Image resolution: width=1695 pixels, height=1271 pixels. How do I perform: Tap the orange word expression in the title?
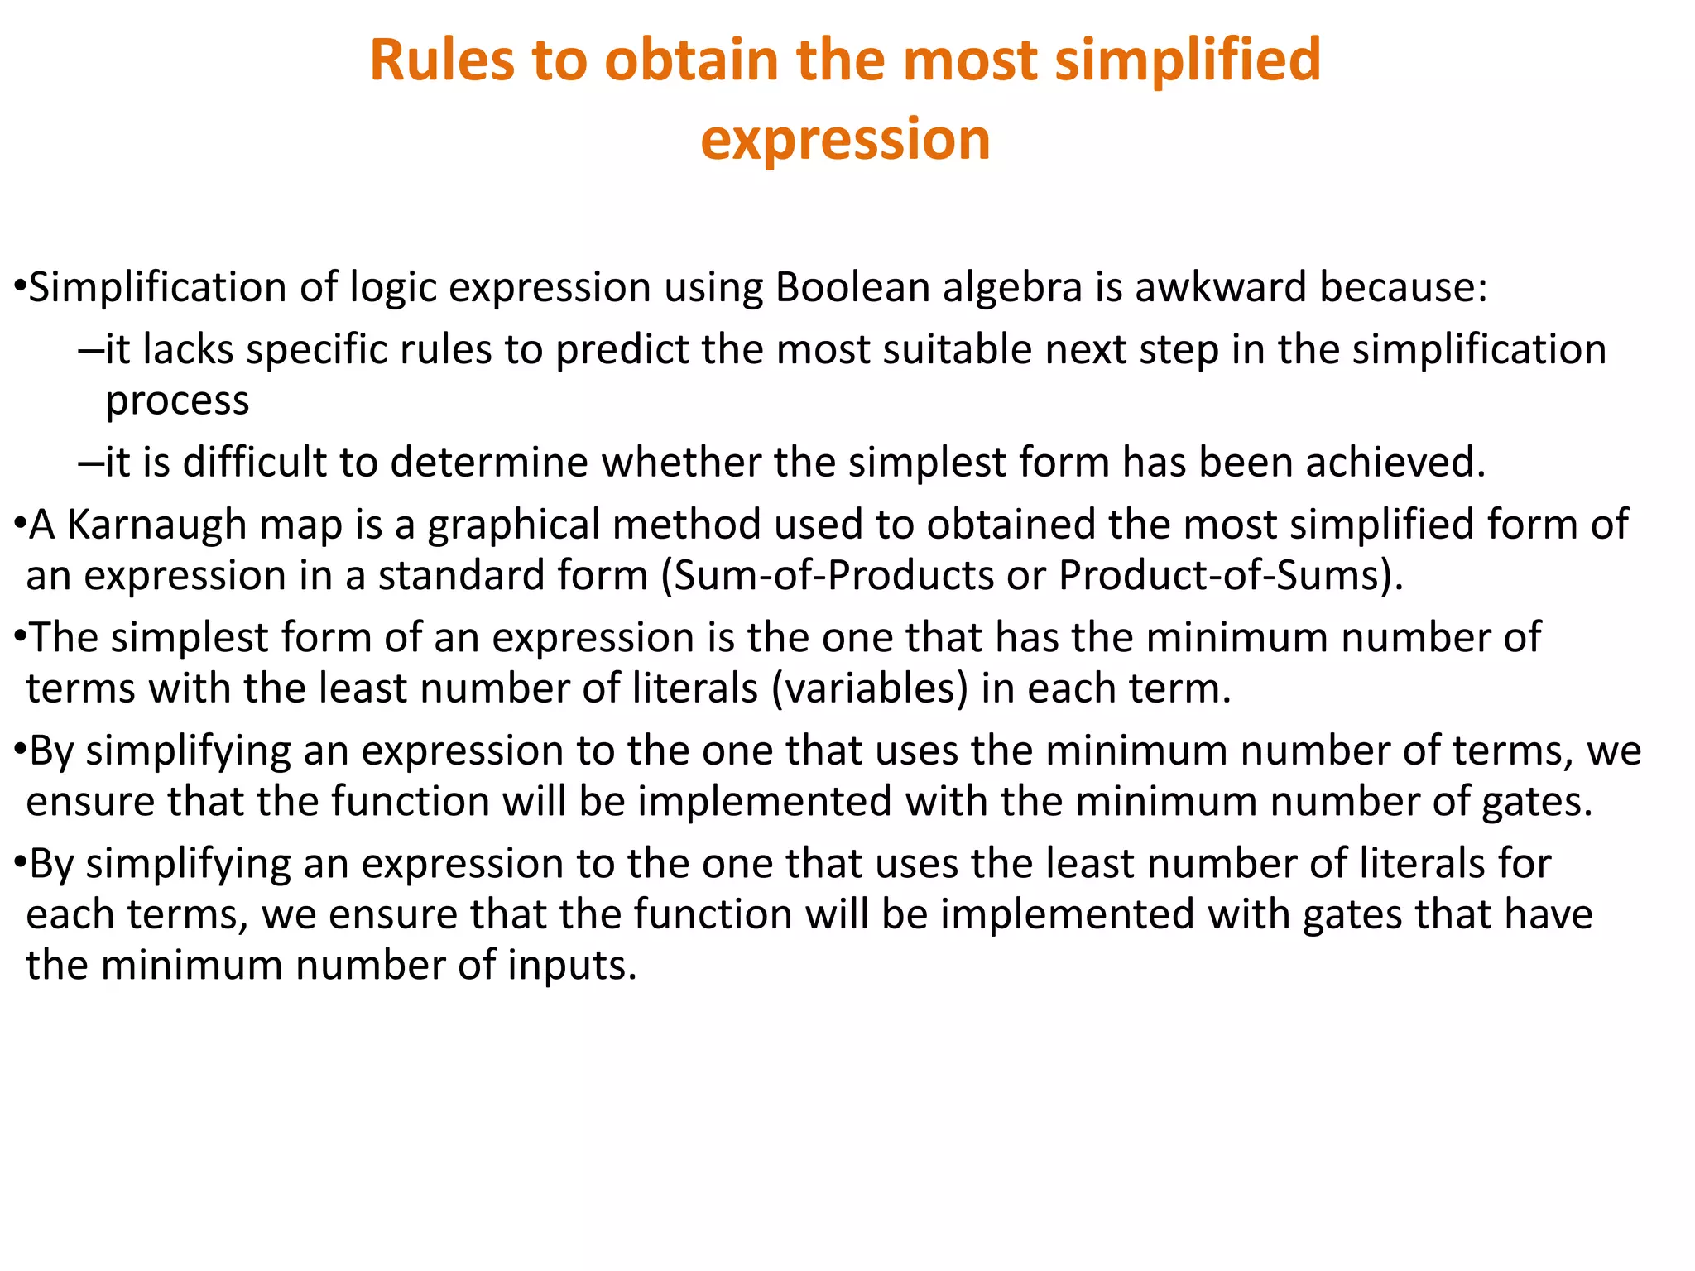(x=845, y=139)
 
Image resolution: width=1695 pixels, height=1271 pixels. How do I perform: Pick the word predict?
(x=622, y=350)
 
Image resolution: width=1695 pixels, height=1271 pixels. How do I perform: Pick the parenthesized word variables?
(x=869, y=689)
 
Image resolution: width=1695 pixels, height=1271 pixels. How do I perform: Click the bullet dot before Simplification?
(x=20, y=288)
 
